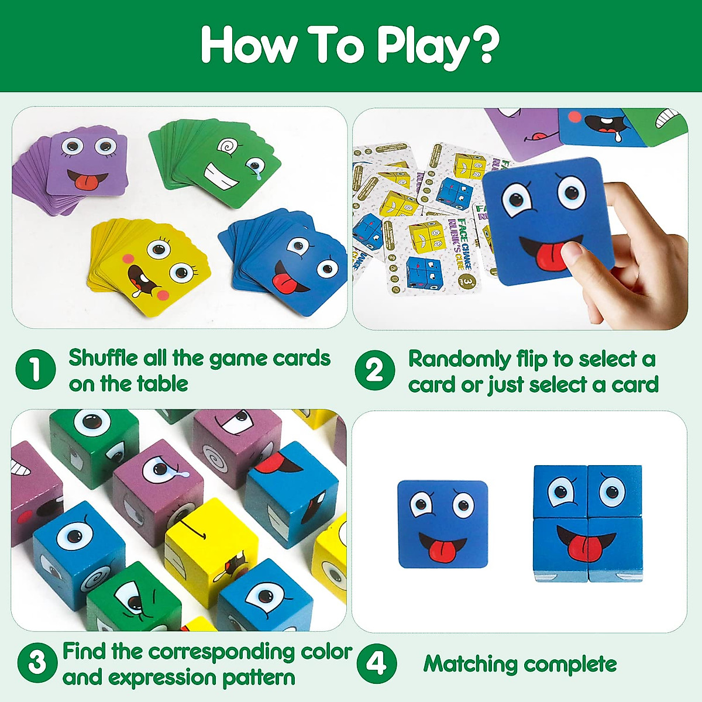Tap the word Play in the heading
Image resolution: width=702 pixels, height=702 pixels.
[x=421, y=46]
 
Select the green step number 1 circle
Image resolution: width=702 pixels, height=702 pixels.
[x=35, y=370]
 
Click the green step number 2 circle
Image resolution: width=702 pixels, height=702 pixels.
[x=374, y=370]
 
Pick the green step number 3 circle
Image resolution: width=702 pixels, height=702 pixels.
[x=37, y=663]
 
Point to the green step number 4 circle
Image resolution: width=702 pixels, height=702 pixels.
[x=376, y=663]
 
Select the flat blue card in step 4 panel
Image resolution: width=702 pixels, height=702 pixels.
[x=442, y=524]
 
